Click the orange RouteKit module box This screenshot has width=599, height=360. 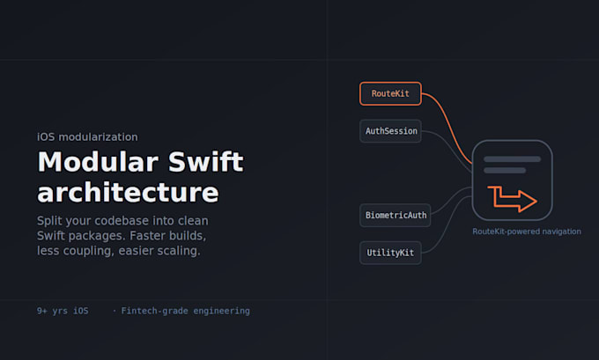click(x=390, y=93)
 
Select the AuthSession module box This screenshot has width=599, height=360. click(x=390, y=131)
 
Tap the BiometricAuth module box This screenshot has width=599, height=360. click(x=395, y=216)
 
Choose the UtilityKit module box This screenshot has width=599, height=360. click(x=390, y=253)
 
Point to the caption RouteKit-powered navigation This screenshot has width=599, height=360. click(x=527, y=231)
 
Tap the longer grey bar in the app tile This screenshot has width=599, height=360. click(x=513, y=159)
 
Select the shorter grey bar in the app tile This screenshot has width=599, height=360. click(x=505, y=170)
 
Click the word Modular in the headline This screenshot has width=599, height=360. click(x=98, y=162)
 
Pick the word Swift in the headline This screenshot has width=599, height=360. click(x=205, y=161)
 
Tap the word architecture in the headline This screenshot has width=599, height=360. click(x=128, y=192)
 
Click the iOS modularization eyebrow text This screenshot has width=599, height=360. click(x=87, y=137)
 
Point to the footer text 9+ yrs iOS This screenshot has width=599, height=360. click(x=63, y=311)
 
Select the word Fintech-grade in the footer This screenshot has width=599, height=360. click(x=154, y=311)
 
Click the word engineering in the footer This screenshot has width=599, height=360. click(x=222, y=311)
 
